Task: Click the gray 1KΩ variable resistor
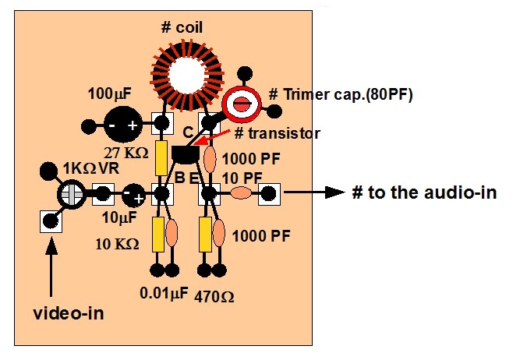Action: pyautogui.click(x=71, y=193)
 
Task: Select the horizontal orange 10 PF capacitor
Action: pyautogui.click(x=242, y=193)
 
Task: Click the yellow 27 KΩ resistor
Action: pyautogui.click(x=162, y=159)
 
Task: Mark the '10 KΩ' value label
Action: pyautogui.click(x=119, y=244)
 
